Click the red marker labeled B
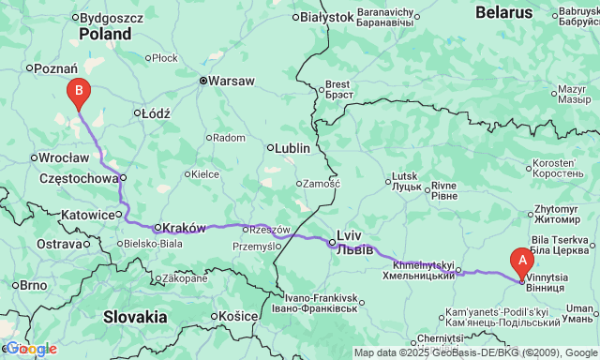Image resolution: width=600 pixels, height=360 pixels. [x=79, y=92]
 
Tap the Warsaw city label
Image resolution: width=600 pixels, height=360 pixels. [x=230, y=81]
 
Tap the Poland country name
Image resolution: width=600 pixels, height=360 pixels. [x=105, y=33]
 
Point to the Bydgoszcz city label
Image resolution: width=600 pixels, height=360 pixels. [x=111, y=17]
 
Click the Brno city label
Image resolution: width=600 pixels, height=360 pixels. [x=33, y=285]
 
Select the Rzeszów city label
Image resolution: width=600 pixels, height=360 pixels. [x=272, y=229]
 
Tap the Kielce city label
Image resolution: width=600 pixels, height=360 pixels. [x=204, y=173]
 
